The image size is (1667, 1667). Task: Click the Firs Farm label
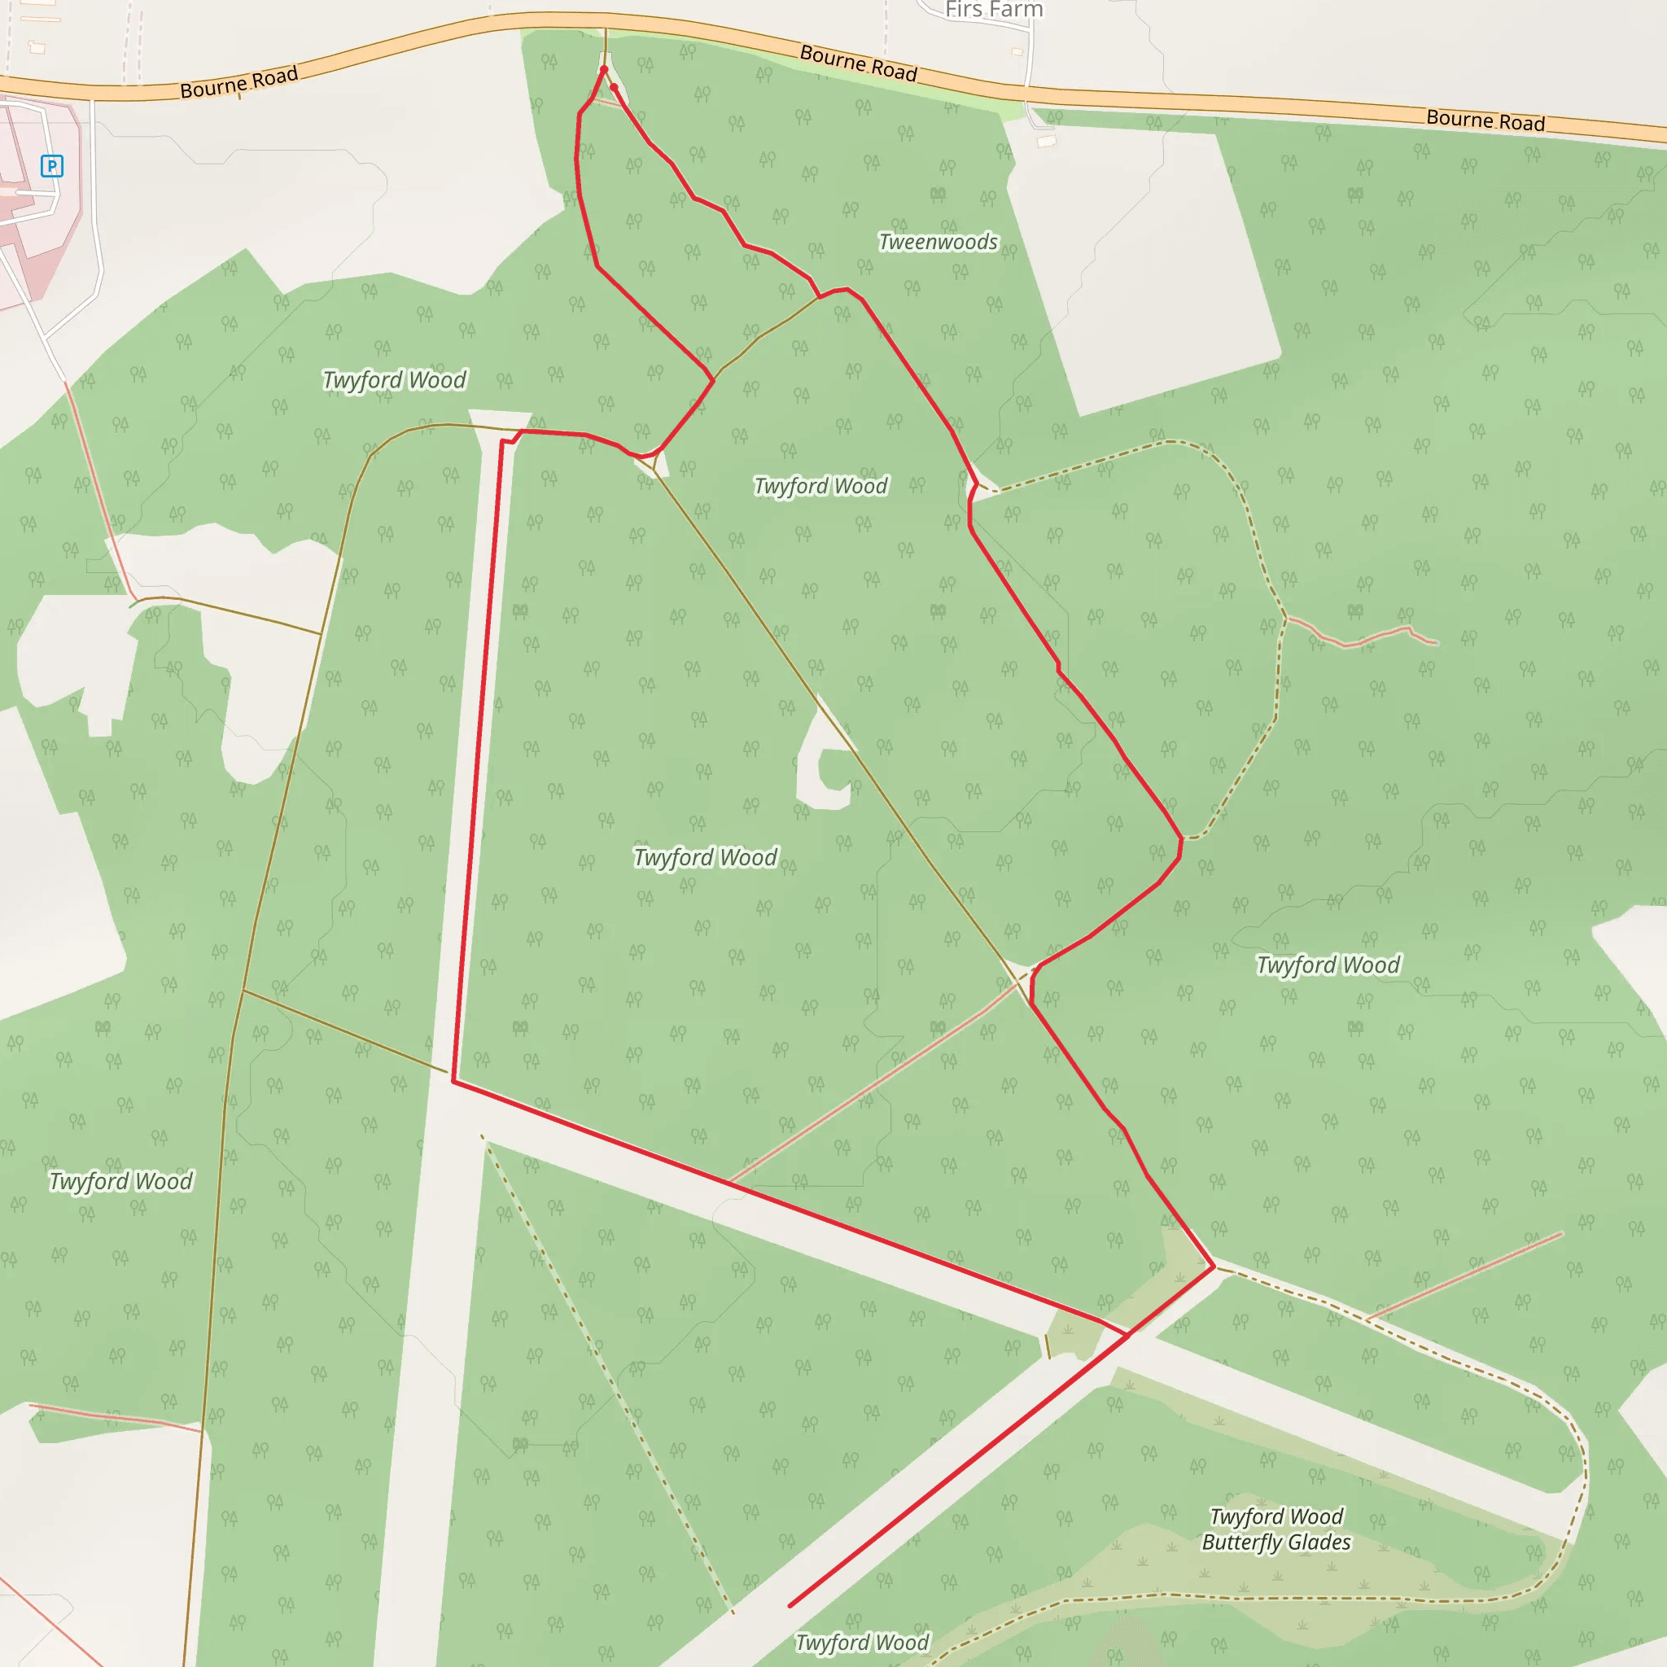tap(994, 10)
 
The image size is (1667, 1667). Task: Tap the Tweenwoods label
tap(938, 242)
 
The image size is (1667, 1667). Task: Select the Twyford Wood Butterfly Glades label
tap(1276, 1529)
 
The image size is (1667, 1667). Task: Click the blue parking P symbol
tap(52, 166)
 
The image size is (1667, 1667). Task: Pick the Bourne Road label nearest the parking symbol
tap(239, 82)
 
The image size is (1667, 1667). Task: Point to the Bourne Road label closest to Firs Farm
tap(858, 63)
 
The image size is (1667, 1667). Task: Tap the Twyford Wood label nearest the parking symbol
tap(394, 379)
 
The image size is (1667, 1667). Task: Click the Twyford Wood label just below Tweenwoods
tap(820, 486)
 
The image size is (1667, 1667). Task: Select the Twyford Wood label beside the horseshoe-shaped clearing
tap(706, 857)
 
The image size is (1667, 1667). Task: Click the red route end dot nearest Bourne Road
tap(604, 69)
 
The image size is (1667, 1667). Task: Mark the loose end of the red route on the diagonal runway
tap(790, 1606)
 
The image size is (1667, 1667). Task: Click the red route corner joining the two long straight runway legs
tap(454, 1080)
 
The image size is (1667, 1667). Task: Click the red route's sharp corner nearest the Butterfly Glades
tap(1214, 1267)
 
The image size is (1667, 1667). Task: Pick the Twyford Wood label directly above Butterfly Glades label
tap(1328, 965)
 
